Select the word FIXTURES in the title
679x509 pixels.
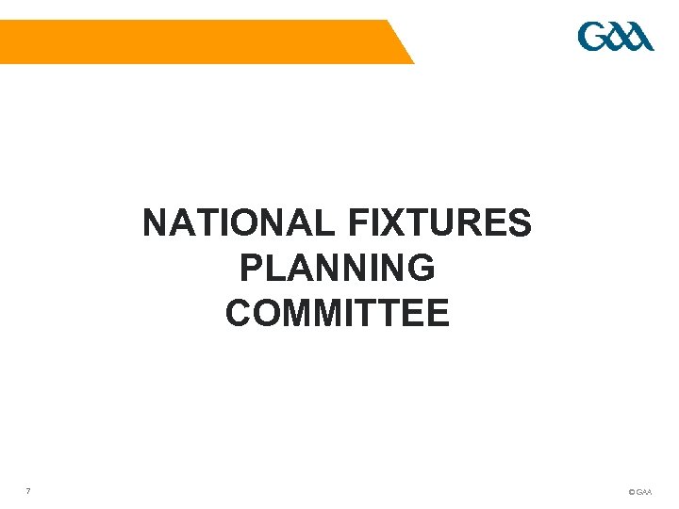pyautogui.click(x=440, y=224)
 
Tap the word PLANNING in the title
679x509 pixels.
pyautogui.click(x=338, y=269)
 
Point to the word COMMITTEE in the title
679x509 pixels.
pyautogui.click(x=338, y=313)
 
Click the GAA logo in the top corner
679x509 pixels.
pyautogui.click(x=615, y=38)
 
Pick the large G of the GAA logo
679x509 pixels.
pyautogui.click(x=591, y=38)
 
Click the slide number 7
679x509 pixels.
pyautogui.click(x=29, y=490)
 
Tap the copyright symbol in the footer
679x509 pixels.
pyautogui.click(x=631, y=492)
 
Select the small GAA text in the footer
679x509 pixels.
pyautogui.click(x=644, y=492)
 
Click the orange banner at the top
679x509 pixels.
pyautogui.click(x=189, y=41)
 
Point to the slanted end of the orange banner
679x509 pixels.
pyautogui.click(x=400, y=41)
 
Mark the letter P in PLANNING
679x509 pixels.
pyautogui.click(x=251, y=269)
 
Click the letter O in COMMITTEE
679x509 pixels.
pyautogui.click(x=268, y=313)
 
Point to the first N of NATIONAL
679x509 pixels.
pyautogui.click(x=156, y=224)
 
